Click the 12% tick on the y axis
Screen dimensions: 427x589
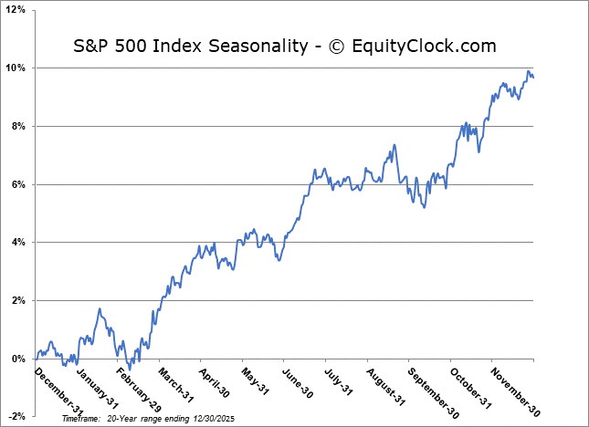point(18,10)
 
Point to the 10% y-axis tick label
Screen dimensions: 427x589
point(18,68)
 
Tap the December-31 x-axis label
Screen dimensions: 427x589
point(57,389)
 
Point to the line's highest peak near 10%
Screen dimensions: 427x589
point(528,71)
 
